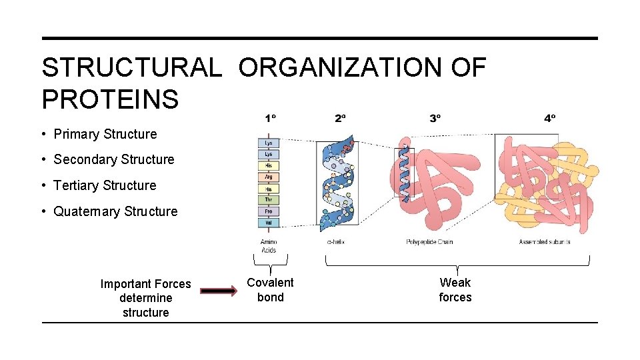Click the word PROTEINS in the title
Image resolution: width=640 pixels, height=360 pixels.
pos(110,99)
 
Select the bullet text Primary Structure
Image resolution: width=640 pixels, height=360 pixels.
pos(105,134)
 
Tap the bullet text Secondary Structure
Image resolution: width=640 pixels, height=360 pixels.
pos(114,159)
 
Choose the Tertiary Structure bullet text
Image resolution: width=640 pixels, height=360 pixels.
pos(105,185)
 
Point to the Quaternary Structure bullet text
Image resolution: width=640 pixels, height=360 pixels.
pos(115,211)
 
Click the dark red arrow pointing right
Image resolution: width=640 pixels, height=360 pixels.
pos(219,291)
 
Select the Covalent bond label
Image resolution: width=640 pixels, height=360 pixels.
pos(270,290)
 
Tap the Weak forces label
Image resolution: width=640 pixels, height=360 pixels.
pos(455,290)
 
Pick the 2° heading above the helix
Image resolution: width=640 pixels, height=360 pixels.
pos(341,119)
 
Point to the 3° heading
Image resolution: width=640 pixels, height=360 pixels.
pos(435,119)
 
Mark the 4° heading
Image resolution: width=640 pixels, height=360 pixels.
pos(549,119)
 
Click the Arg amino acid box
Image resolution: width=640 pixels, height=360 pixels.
pos(268,177)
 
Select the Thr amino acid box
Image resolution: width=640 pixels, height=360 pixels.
pos(268,200)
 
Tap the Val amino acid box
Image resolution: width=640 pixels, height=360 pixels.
pos(268,223)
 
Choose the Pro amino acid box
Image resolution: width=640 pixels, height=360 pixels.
pos(268,211)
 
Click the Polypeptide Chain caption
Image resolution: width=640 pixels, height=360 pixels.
pos(429,241)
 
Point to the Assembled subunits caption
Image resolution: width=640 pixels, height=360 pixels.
pos(544,241)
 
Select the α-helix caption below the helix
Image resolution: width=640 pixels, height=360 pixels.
pos(335,241)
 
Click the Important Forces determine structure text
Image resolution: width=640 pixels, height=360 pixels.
pos(145,298)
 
